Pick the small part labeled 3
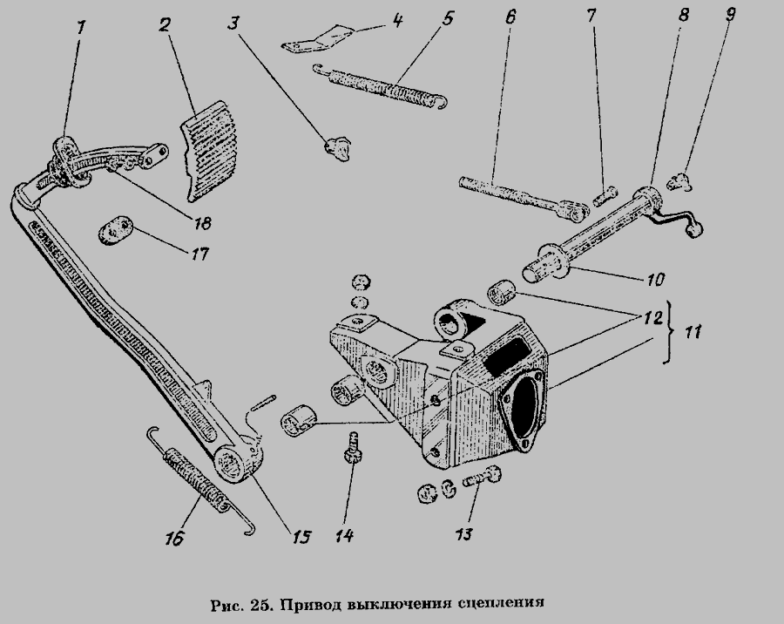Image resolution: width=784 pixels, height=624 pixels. (x=338, y=148)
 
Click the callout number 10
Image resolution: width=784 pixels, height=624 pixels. (x=655, y=281)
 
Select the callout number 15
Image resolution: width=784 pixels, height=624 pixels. (x=301, y=537)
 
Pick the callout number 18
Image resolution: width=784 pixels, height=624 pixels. (x=201, y=222)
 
